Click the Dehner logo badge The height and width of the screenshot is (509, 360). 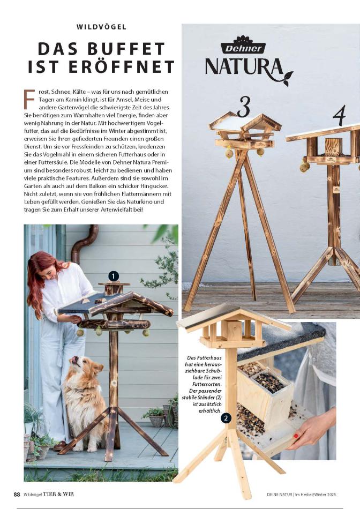click(x=243, y=46)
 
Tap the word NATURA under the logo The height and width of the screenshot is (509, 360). click(x=244, y=67)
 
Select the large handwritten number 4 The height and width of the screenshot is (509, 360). click(x=340, y=115)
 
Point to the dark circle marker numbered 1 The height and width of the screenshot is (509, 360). click(x=113, y=276)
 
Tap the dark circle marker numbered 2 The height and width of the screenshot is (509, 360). click(x=226, y=418)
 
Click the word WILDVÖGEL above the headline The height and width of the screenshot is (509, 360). click(x=101, y=27)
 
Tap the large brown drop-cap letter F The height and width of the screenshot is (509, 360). click(x=29, y=99)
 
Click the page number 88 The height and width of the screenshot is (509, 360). click(x=17, y=495)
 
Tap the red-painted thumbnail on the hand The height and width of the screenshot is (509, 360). click(x=296, y=436)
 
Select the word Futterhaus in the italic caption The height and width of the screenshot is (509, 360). click(x=209, y=357)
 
